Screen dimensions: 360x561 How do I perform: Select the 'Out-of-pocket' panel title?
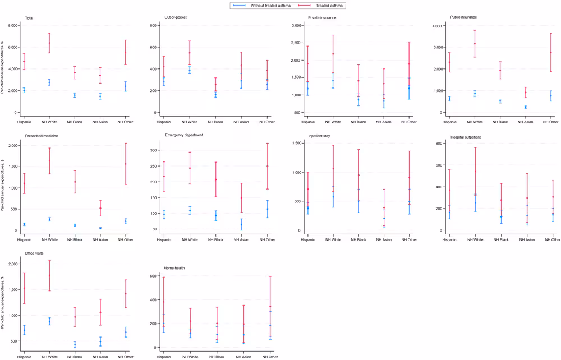(176, 17)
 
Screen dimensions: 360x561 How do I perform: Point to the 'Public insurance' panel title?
(463, 17)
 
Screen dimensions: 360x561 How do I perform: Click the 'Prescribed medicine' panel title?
(43, 135)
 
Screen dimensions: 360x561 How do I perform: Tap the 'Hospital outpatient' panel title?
(466, 135)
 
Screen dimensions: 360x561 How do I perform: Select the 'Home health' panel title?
(174, 268)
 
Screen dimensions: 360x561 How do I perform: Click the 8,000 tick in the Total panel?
(11, 26)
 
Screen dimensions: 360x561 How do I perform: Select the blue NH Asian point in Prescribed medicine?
(100, 228)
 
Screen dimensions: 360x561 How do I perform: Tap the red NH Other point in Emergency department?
(267, 166)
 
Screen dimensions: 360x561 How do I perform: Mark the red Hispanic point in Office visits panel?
(24, 288)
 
